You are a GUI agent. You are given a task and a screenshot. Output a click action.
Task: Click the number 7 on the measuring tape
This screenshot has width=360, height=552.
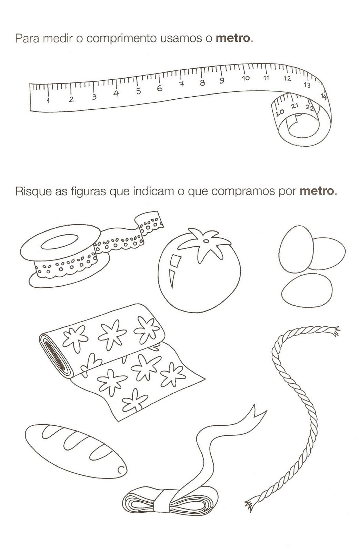tap(181, 84)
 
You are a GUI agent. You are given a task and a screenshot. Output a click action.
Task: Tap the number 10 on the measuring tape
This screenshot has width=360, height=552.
tap(246, 78)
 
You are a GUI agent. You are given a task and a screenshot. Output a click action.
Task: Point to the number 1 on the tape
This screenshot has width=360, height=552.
tap(48, 100)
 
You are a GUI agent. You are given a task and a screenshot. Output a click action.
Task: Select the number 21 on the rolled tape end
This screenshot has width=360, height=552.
tap(294, 107)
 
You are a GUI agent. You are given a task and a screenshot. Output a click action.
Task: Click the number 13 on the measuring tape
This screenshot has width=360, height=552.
tap(307, 85)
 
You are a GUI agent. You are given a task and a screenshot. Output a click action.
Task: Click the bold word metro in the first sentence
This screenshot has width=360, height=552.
tap(233, 38)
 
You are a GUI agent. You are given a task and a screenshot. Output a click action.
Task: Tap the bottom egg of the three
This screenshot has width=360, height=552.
tap(307, 290)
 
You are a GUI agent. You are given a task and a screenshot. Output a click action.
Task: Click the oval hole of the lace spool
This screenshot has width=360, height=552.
tap(60, 241)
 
